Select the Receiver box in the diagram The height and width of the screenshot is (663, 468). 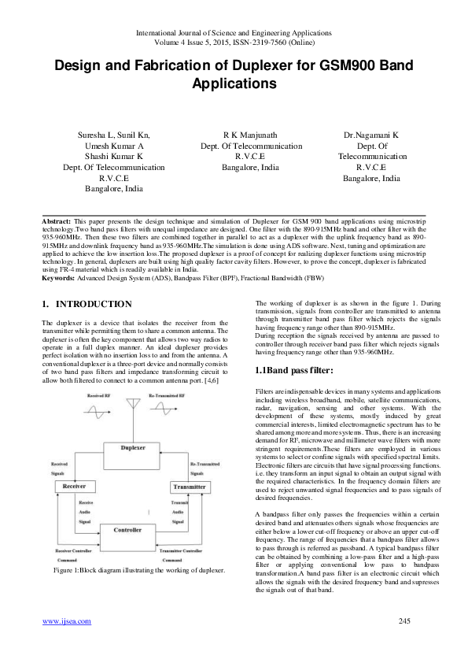coord(68,487)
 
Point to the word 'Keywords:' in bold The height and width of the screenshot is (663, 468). coord(58,278)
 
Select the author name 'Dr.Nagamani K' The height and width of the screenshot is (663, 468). coord(371,135)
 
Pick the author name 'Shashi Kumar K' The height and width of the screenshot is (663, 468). coord(114,157)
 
